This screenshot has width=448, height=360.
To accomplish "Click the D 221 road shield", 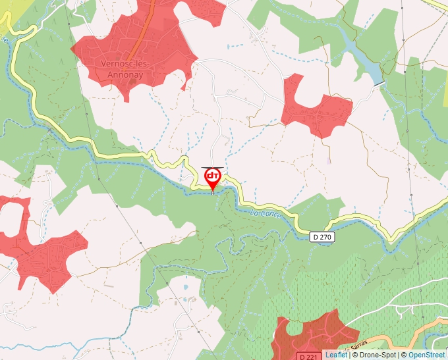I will [x=306, y=356].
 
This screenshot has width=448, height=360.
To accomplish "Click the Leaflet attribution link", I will [x=336, y=355].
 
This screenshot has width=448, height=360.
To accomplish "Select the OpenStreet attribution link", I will [x=428, y=355].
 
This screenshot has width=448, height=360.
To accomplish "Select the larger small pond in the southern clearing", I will [x=185, y=288].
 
